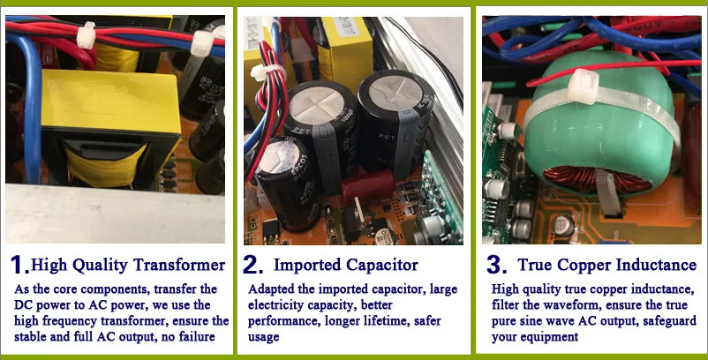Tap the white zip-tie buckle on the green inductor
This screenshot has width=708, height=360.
(x=583, y=86)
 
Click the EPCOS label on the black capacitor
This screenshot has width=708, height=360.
(x=302, y=169)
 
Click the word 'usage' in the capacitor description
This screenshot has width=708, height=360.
(x=264, y=337)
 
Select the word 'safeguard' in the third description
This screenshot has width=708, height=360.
(x=665, y=321)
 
